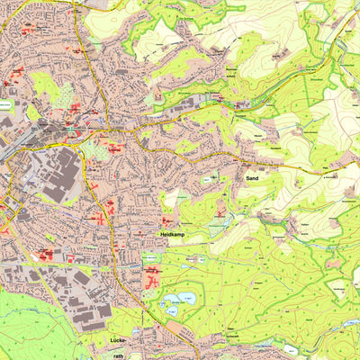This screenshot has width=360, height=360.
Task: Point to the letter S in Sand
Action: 246,180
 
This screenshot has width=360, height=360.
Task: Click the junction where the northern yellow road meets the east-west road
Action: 106,125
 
